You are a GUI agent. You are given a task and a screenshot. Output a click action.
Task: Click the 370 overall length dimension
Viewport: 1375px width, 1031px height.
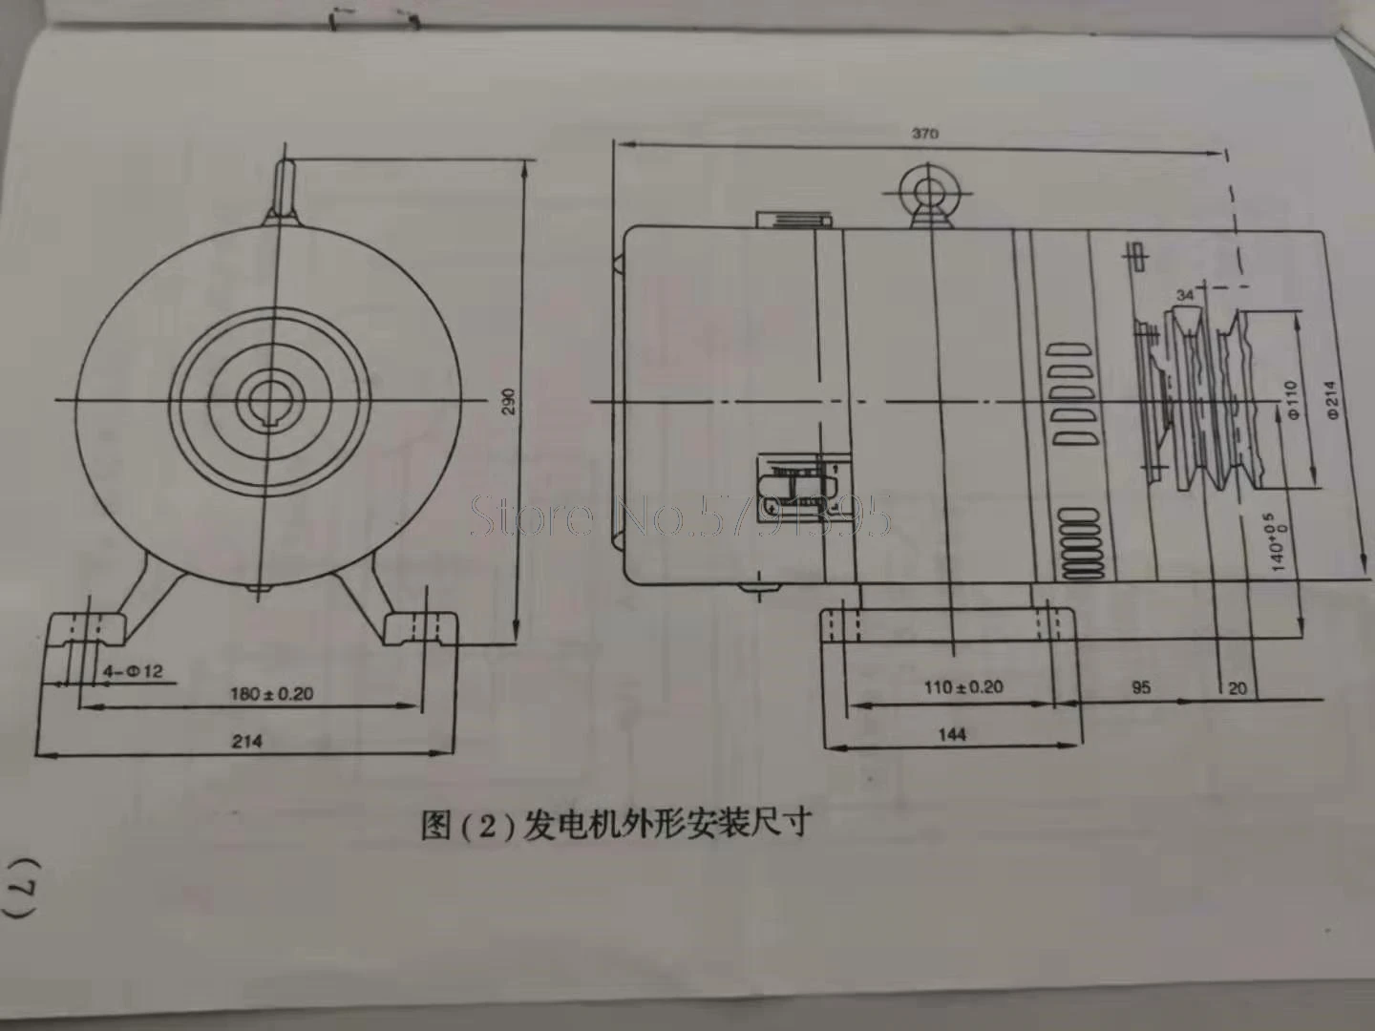coord(924,134)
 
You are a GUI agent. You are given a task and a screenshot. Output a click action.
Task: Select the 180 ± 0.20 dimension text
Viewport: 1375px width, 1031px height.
coord(270,693)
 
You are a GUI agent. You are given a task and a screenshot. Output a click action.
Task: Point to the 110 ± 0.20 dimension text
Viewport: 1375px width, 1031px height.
coord(963,686)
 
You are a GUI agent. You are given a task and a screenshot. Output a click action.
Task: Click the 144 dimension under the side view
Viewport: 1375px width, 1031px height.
coord(951,733)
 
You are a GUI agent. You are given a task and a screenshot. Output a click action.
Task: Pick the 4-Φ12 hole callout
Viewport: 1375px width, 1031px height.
coord(133,670)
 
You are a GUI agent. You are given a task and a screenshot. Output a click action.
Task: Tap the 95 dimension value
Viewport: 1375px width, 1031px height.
coord(1140,686)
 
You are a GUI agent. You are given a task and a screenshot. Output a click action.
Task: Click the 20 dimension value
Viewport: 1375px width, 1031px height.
coord(1237,687)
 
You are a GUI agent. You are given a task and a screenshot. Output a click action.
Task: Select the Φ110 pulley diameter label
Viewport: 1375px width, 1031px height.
coord(1290,401)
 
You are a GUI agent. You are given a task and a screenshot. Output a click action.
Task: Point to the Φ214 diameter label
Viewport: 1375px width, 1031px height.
coord(1331,400)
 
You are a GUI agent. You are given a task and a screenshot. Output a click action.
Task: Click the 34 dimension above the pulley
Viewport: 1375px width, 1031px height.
coord(1184,295)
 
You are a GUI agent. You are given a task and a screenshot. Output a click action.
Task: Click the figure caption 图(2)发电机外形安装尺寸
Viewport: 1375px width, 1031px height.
coord(616,822)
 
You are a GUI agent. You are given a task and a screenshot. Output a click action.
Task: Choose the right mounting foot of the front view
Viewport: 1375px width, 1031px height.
coord(421,631)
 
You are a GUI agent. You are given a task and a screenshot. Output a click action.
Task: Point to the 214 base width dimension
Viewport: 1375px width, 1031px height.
coord(246,740)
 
